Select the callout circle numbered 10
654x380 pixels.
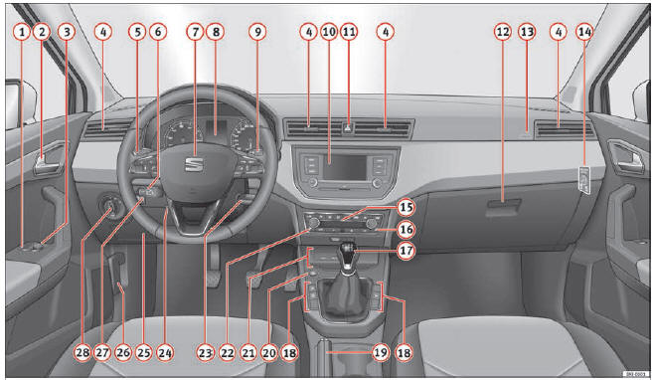point(328,32)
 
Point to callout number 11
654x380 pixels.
point(349,32)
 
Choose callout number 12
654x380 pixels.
point(503,32)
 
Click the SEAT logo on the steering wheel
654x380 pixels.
point(195,161)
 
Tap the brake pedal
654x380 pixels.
point(255,274)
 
